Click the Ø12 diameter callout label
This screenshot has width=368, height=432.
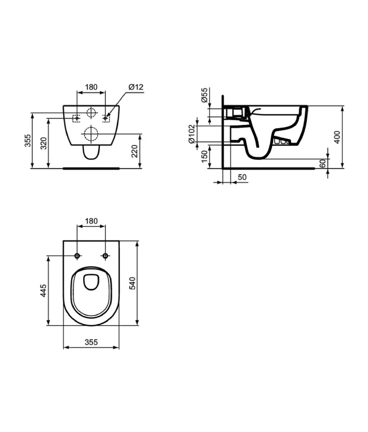pyautogui.click(x=136, y=87)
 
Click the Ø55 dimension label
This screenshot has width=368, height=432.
pyautogui.click(x=204, y=95)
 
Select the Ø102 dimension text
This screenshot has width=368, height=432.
pyautogui.click(x=192, y=134)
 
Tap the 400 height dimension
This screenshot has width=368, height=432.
pyautogui.click(x=337, y=137)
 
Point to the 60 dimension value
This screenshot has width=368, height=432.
pyautogui.click(x=322, y=163)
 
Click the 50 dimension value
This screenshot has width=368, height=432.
pyautogui.click(x=242, y=177)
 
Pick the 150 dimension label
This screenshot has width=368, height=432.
pyautogui.click(x=204, y=157)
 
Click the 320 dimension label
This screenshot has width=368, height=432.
pyautogui.click(x=44, y=143)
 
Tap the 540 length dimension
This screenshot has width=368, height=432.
pyautogui.click(x=133, y=283)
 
